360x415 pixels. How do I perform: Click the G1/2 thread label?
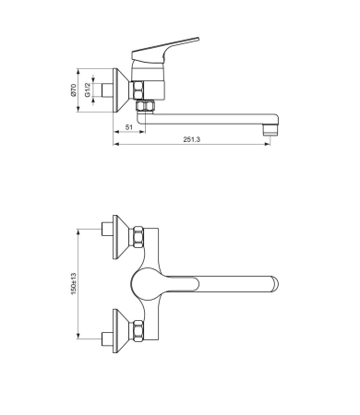point(89,92)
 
